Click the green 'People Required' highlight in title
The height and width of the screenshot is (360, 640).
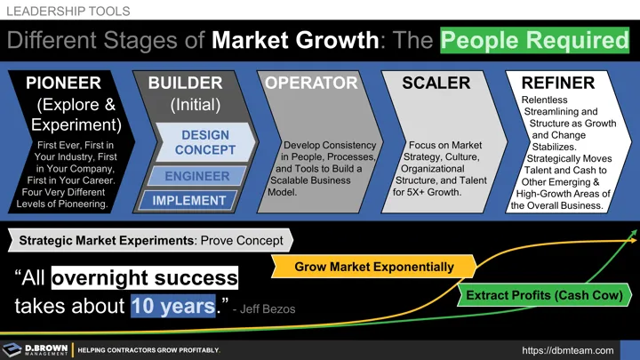(x=534, y=41)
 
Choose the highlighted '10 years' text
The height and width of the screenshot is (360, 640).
(x=173, y=307)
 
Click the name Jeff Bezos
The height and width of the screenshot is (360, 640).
(x=263, y=310)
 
